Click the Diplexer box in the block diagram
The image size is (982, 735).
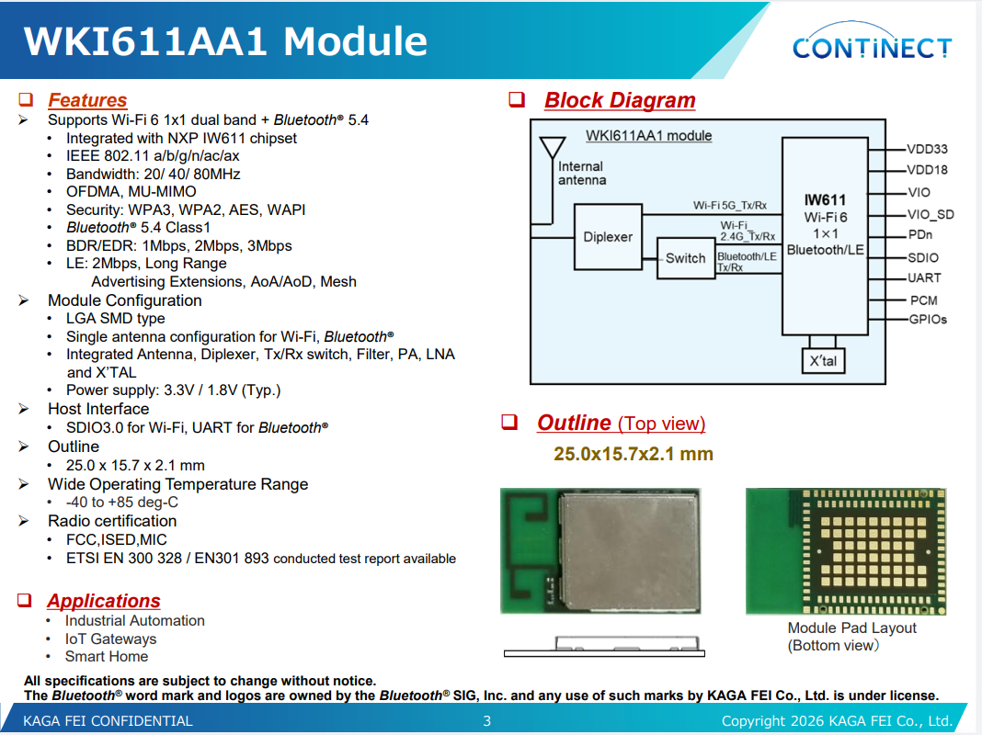click(608, 236)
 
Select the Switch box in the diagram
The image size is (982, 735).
click(686, 258)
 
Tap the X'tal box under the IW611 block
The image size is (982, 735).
click(823, 361)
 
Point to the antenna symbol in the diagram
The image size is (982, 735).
click(552, 148)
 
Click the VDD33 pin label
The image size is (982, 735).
click(928, 149)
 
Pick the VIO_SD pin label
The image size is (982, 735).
click(931, 215)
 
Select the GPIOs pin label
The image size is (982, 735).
click(928, 319)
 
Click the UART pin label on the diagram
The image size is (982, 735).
click(924, 277)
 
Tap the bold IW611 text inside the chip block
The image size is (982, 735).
click(825, 200)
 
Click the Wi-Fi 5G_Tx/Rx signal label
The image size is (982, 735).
click(730, 205)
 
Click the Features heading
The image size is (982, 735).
click(87, 100)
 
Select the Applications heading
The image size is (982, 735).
click(104, 601)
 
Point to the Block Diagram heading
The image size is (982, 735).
click(620, 100)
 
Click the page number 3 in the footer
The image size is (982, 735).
click(486, 720)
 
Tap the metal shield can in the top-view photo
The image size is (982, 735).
click(628, 551)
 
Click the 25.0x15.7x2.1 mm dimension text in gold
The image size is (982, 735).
click(634, 454)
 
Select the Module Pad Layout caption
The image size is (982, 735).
click(851, 628)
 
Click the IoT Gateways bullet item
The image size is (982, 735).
click(111, 639)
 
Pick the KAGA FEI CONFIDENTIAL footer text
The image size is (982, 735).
click(108, 720)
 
